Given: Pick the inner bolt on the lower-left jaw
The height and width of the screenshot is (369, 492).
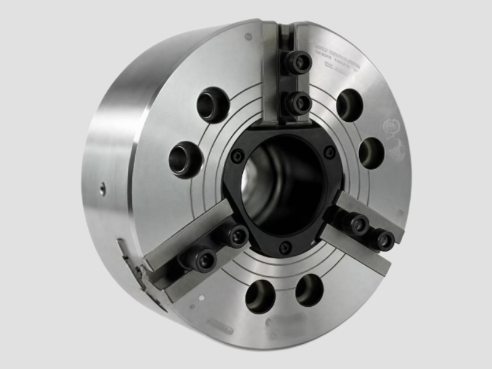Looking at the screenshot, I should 236,234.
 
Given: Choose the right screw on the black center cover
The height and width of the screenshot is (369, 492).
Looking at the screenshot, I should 330,151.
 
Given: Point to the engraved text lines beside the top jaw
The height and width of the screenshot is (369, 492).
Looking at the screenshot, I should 337,62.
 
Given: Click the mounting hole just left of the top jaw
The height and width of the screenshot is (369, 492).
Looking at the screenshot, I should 213,105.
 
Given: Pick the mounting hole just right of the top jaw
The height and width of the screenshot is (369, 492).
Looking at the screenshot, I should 349,105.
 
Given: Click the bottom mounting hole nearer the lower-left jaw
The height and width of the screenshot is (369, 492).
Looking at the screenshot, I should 260,296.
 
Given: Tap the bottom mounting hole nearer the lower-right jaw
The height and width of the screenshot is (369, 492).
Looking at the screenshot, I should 309,290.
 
